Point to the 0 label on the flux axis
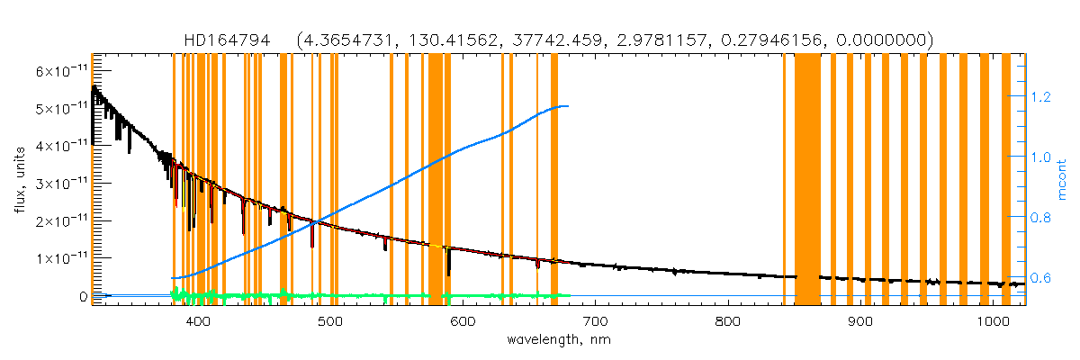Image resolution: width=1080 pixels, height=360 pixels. click(x=82, y=295)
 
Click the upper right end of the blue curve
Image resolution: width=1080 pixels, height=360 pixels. click(x=566, y=106)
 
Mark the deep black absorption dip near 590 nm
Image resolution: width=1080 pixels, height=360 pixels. click(x=449, y=268)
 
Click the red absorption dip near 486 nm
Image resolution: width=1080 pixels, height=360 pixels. click(x=311, y=241)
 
